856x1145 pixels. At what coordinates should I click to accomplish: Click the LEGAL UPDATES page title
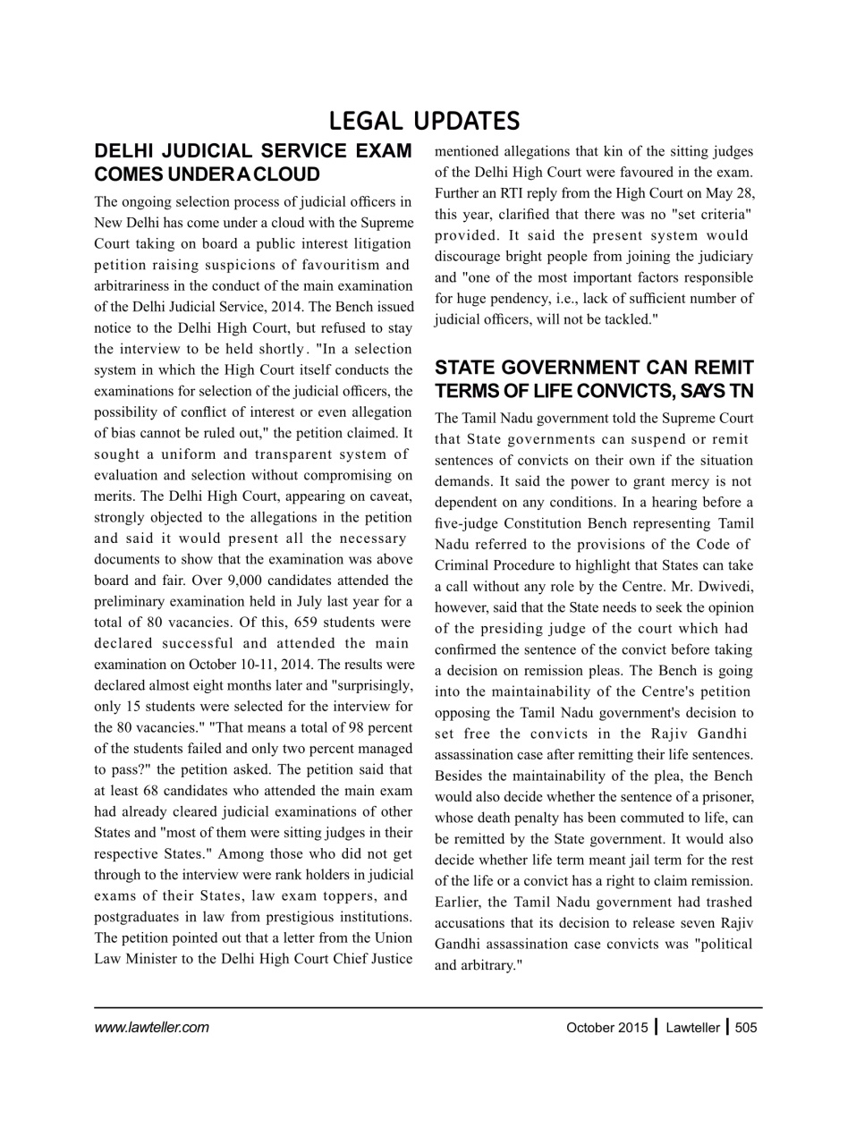pyautogui.click(x=424, y=121)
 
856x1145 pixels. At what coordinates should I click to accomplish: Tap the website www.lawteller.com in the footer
pyautogui.click(x=151, y=1027)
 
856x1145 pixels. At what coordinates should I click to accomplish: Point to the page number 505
pyautogui.click(x=745, y=1028)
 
